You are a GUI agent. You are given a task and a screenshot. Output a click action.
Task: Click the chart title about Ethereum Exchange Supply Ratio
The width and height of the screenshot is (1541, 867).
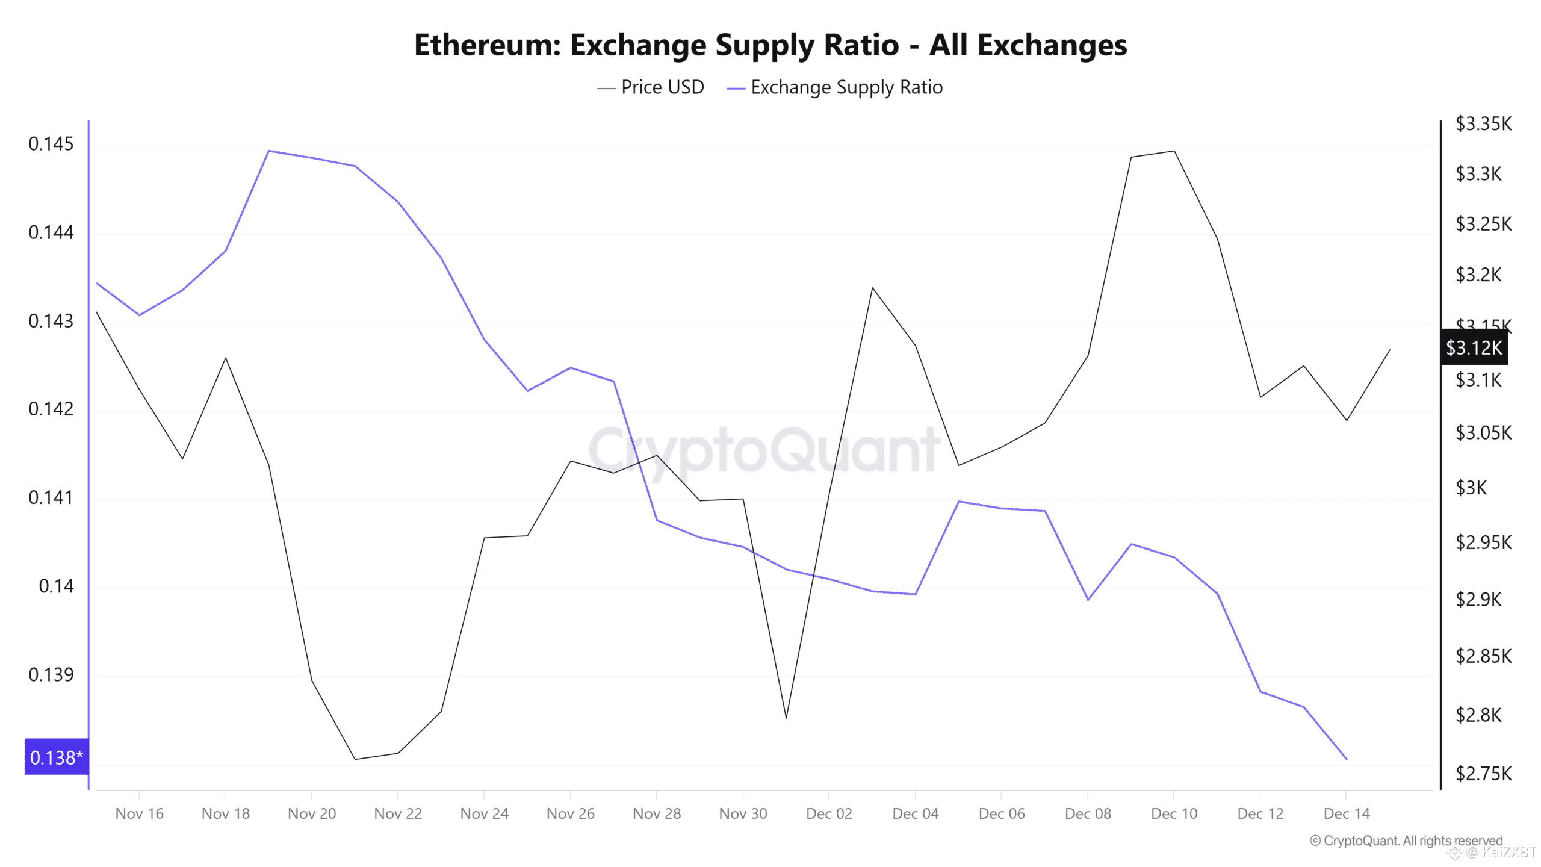(770, 45)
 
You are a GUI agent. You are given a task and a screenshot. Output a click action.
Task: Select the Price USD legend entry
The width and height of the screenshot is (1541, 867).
(662, 87)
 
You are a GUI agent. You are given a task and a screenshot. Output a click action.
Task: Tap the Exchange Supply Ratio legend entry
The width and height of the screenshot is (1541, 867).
(846, 87)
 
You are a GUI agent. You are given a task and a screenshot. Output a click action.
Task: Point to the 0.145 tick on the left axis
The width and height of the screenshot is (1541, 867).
(51, 144)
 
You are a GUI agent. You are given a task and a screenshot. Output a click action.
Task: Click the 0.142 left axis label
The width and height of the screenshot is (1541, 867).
(51, 409)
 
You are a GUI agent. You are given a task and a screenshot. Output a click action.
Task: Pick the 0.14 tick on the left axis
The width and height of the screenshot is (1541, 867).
(56, 586)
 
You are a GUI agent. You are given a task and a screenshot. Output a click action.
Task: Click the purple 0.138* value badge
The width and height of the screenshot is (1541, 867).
(56, 757)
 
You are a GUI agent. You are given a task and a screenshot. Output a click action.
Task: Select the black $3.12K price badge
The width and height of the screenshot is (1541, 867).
(1474, 347)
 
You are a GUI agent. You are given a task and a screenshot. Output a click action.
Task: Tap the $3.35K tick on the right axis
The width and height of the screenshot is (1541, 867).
(1483, 123)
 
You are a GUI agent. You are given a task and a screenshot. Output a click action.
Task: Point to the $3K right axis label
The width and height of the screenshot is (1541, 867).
(1471, 487)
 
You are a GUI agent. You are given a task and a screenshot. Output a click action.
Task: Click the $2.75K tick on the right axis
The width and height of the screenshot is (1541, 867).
(1483, 773)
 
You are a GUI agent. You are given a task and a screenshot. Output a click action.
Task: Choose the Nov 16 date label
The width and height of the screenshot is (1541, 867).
(139, 813)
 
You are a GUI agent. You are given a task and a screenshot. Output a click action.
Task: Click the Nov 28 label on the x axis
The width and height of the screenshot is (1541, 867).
(657, 813)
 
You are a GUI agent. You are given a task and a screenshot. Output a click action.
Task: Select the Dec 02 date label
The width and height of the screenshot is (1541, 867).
(829, 813)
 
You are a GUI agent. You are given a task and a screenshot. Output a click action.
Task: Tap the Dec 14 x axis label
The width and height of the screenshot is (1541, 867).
(1347, 813)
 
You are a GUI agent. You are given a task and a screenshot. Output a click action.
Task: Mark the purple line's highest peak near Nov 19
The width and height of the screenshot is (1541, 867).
(268, 151)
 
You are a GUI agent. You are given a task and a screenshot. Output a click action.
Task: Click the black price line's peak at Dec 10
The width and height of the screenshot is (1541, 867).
(1174, 151)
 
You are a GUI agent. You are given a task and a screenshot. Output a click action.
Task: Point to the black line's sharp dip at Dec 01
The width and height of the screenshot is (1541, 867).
(786, 718)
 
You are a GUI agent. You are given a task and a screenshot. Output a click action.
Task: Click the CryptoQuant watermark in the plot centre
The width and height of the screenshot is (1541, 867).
(763, 450)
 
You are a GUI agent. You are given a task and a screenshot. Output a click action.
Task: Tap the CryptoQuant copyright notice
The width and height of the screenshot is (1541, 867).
(1406, 841)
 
